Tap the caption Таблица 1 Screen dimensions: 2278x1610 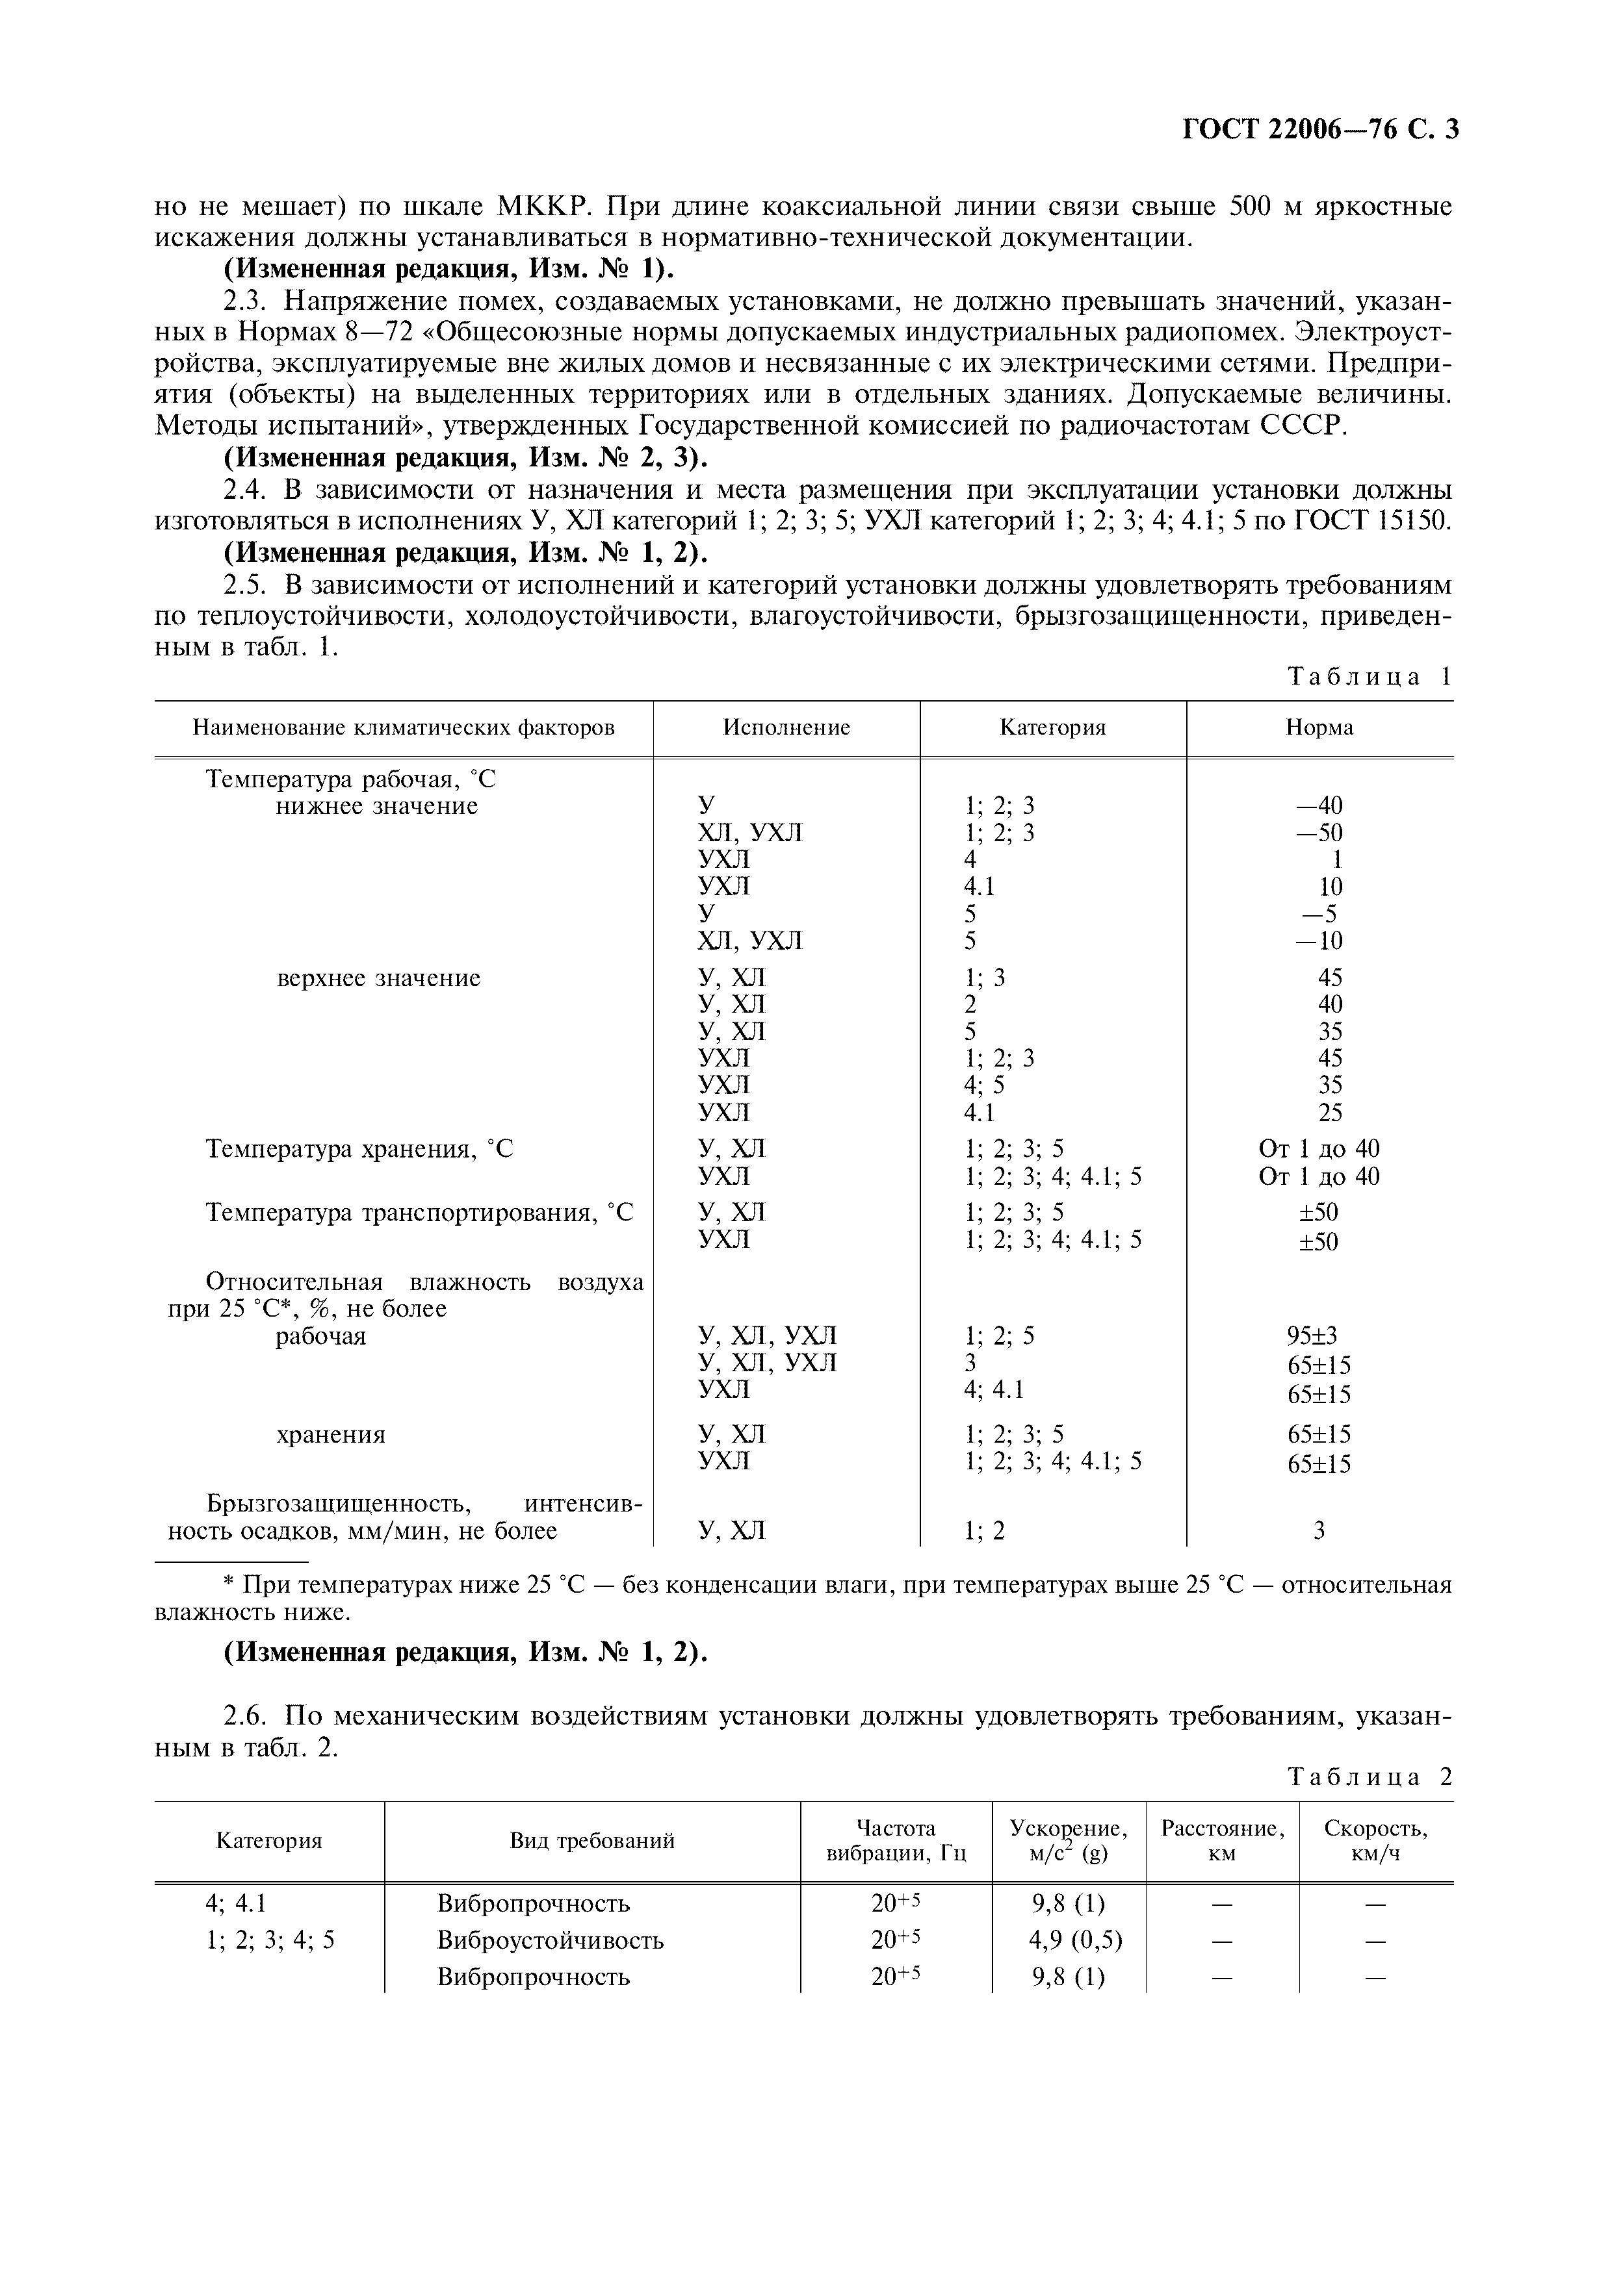1369,677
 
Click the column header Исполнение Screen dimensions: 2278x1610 786,728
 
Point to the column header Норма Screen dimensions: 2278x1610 1319,728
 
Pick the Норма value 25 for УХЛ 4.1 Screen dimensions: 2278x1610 1330,1112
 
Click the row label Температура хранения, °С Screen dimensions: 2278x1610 359,1149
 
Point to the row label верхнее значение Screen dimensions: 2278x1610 378,978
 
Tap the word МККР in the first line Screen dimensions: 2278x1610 544,207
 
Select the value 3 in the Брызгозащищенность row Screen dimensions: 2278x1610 1319,1531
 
